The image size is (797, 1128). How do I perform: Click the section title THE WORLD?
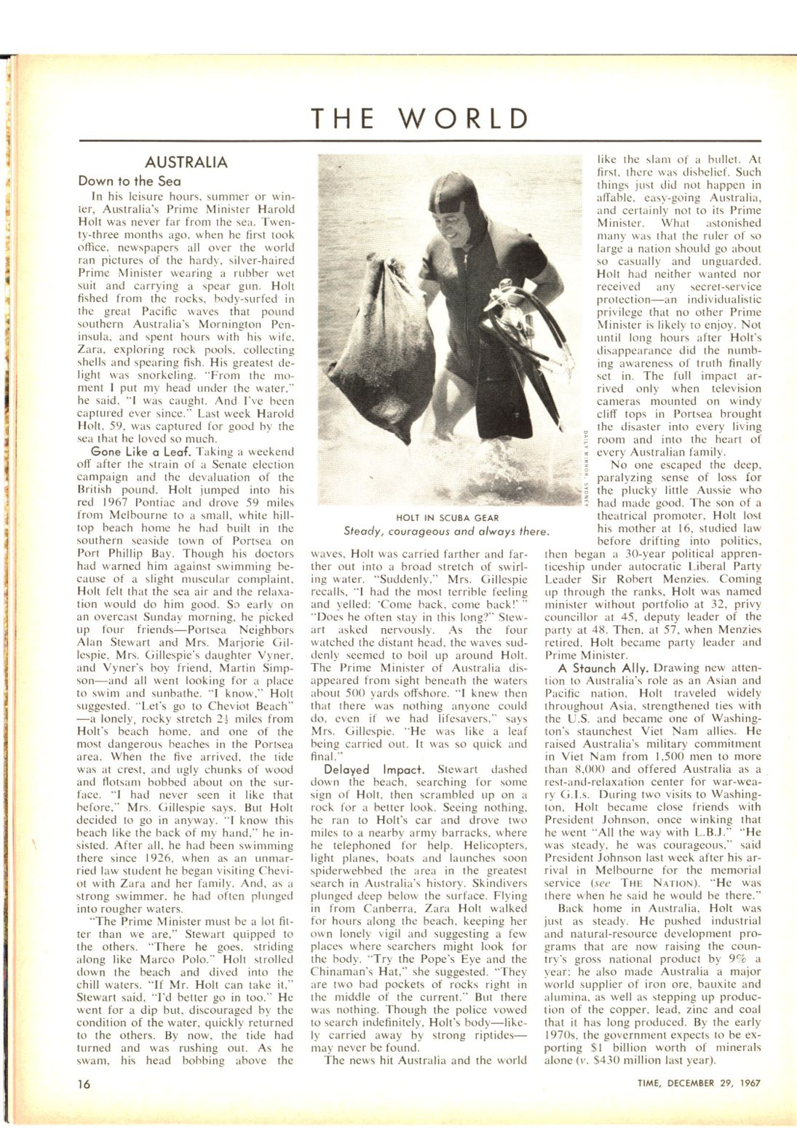click(x=420, y=119)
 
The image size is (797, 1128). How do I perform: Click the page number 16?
click(x=85, y=1081)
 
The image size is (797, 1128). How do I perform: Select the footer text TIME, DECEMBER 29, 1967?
click(x=696, y=1081)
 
